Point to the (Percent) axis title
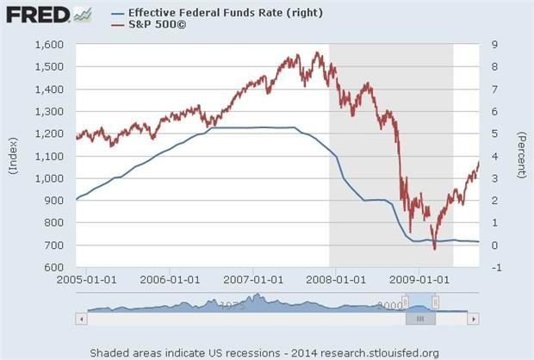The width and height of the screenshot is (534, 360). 522,156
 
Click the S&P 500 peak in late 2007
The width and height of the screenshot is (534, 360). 318,53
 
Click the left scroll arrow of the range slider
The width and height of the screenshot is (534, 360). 81,318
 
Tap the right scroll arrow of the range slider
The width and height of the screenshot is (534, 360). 473,318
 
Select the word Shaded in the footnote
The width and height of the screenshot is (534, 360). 112,352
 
